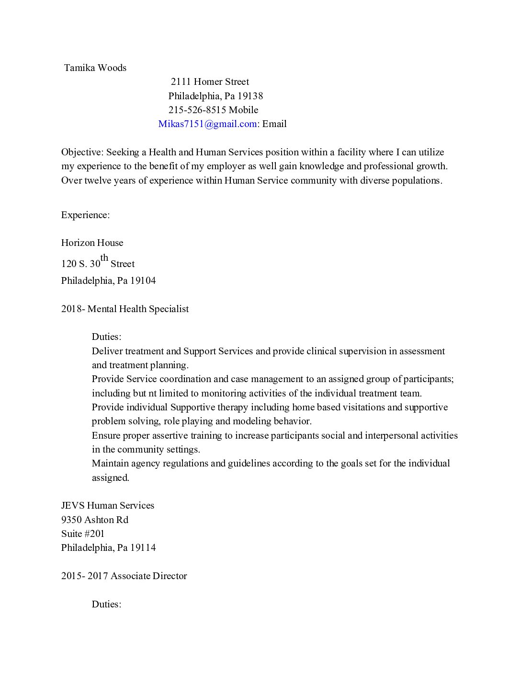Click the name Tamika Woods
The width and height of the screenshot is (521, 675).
point(95,68)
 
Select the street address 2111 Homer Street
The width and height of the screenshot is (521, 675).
point(210,81)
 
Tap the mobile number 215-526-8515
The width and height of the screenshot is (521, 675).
point(197,110)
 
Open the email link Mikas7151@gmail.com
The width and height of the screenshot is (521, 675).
point(207,124)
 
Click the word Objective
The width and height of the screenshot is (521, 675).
point(81,152)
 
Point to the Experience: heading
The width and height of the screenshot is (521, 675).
point(85,215)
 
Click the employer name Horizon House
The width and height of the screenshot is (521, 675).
point(92,243)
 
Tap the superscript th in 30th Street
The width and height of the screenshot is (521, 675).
point(104,258)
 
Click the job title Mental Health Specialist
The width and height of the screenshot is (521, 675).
point(138,309)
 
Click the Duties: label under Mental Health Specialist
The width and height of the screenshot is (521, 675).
point(106,337)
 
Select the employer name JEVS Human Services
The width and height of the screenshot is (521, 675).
point(108,505)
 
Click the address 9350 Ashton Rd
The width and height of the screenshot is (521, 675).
point(95,520)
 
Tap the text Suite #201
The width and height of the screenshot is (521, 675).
point(83,534)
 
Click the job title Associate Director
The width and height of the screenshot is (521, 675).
point(148,576)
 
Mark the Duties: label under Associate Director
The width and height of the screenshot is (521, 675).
point(106,604)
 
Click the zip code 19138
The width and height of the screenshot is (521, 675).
point(250,96)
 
